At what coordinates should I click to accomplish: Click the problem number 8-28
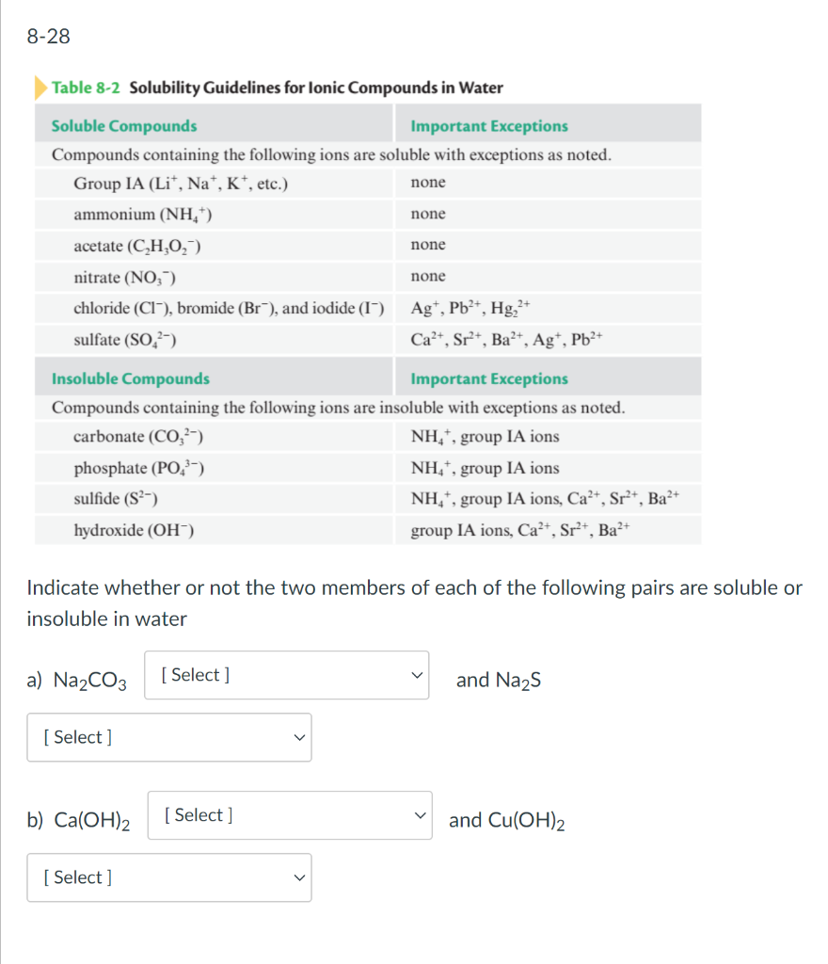[48, 38]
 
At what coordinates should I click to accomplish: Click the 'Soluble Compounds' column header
[124, 126]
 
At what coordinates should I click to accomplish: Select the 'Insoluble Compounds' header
[131, 378]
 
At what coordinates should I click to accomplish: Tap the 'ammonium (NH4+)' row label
[143, 215]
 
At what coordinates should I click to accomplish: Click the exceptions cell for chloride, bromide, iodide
[472, 308]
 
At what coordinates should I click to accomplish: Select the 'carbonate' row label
[139, 437]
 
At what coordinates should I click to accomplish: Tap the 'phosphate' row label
[139, 468]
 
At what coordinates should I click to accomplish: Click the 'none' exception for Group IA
[428, 183]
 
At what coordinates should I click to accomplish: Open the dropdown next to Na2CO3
[286, 675]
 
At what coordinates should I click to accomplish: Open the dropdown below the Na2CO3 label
[168, 737]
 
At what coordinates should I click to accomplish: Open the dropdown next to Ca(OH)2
[289, 815]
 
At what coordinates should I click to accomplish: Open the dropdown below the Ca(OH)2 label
[168, 877]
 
